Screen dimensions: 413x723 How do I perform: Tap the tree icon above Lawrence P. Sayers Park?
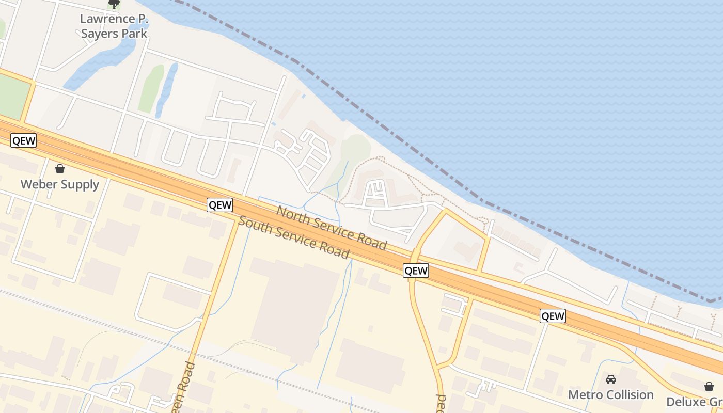click(x=114, y=5)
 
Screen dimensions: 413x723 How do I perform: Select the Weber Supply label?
click(x=60, y=184)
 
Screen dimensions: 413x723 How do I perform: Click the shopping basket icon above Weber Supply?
click(x=60, y=169)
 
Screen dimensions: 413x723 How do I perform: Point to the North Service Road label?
click(x=332, y=228)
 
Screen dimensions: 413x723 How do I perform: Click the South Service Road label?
click(x=294, y=237)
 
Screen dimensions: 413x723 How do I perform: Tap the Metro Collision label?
click(x=611, y=395)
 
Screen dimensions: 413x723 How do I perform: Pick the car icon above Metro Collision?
click(x=611, y=379)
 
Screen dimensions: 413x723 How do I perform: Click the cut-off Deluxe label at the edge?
click(x=694, y=402)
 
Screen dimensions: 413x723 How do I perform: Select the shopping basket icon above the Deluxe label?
click(x=709, y=387)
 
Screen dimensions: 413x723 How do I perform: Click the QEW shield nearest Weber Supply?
click(x=24, y=141)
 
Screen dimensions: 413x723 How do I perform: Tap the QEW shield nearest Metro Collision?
click(x=553, y=316)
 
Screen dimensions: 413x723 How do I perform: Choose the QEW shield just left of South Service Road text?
click(x=219, y=205)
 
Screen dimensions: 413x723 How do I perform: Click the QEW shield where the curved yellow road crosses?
click(x=416, y=271)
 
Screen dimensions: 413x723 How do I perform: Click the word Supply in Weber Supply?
click(x=80, y=184)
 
